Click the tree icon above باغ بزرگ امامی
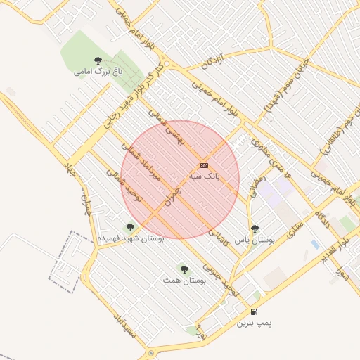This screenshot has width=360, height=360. tap(98, 60)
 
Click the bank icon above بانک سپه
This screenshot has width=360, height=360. tap(205, 165)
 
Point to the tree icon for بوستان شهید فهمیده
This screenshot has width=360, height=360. tap(129, 227)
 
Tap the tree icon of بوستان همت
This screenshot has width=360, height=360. tap(184, 269)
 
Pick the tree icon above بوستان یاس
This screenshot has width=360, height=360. tap(255, 229)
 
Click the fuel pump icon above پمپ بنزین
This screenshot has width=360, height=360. tap(254, 311)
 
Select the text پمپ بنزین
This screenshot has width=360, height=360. tap(254, 323)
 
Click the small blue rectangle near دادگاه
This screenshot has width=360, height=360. tap(314, 244)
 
